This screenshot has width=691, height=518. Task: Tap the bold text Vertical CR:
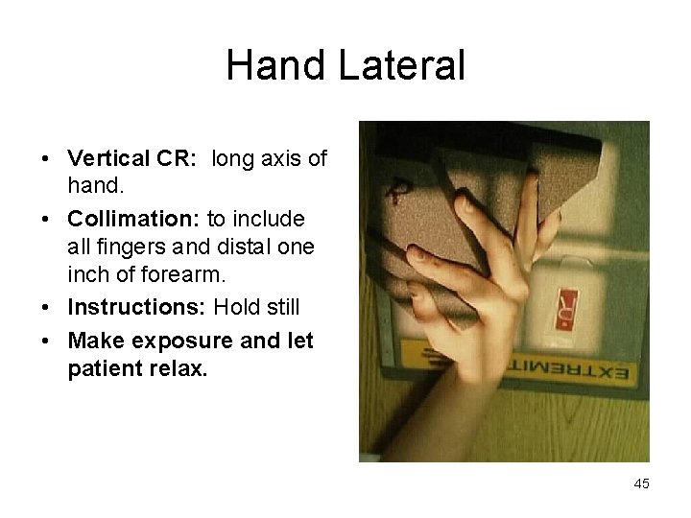point(135,158)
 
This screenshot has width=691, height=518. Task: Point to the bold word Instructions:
point(138,308)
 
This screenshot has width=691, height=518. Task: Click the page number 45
point(641,483)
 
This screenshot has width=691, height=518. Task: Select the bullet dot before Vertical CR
point(46,158)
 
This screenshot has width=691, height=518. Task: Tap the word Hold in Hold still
point(235,308)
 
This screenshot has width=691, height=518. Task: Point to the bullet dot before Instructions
point(46,308)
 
